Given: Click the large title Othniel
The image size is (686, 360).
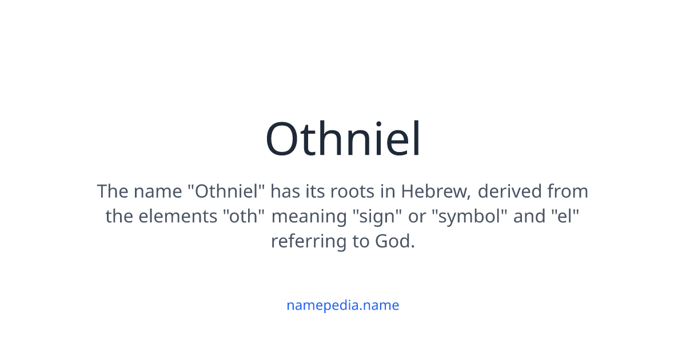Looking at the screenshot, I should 343,139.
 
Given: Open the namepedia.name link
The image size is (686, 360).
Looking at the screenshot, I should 342,305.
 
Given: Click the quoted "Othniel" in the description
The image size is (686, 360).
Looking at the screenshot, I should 226,191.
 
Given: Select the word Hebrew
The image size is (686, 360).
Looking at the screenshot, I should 436,191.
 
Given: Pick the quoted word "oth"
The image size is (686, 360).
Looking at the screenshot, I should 244,217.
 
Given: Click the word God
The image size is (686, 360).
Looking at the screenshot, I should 394,242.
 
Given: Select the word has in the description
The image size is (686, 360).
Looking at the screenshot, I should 284,191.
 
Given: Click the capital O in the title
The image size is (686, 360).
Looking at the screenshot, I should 284,139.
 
